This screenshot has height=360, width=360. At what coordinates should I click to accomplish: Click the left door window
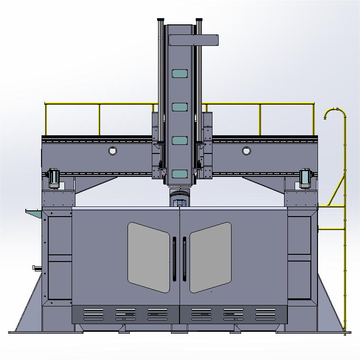click(x=148, y=257)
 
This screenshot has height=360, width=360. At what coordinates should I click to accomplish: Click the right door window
click(x=211, y=257)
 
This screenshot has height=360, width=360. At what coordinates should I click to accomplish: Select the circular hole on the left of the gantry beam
click(x=113, y=151)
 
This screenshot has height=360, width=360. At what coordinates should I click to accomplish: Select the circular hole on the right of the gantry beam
click(x=246, y=151)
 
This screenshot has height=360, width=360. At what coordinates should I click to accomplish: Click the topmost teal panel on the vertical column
click(x=180, y=74)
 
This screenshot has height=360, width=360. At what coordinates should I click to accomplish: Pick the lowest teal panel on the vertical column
click(x=180, y=174)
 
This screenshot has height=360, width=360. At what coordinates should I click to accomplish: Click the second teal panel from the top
click(x=180, y=107)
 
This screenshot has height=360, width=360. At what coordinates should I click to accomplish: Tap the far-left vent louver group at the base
click(x=94, y=314)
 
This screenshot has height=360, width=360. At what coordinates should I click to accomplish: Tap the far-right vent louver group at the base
click(x=265, y=314)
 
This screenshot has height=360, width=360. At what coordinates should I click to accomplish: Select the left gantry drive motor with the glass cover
click(x=54, y=177)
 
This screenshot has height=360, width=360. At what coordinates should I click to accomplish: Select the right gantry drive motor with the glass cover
click(x=305, y=177)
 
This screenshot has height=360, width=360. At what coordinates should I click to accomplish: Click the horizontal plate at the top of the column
click(x=193, y=40)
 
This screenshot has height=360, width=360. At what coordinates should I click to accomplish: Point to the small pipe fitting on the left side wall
click(x=36, y=267)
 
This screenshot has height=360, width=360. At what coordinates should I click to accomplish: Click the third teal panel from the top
click(x=180, y=141)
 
